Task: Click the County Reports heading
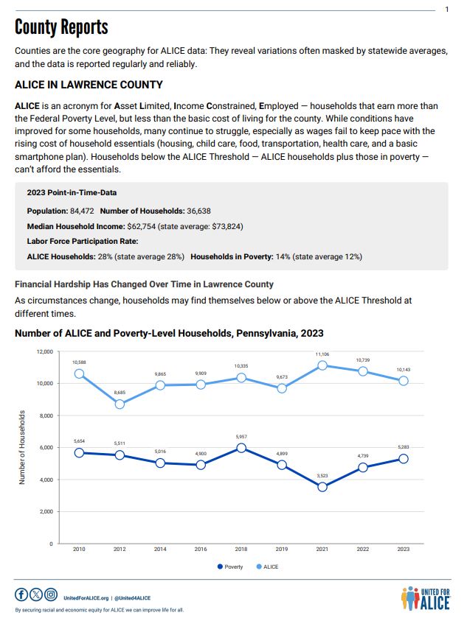pyautogui.click(x=61, y=28)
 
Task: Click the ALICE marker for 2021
pyautogui.click(x=322, y=365)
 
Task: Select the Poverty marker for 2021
pyautogui.click(x=322, y=487)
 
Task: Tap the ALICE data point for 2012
pyautogui.click(x=120, y=404)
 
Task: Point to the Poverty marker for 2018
pyautogui.click(x=241, y=448)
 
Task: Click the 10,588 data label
pyautogui.click(x=79, y=362)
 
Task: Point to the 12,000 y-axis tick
pyautogui.click(x=45, y=352)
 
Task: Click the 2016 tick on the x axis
pyautogui.click(x=201, y=550)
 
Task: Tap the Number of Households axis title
pyautogui.click(x=23, y=447)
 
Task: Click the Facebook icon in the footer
pyautogui.click(x=21, y=594)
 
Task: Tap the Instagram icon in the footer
pyautogui.click(x=50, y=594)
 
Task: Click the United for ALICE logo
pyautogui.click(x=423, y=597)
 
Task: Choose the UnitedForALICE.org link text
pyautogui.click(x=87, y=598)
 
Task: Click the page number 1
pyautogui.click(x=447, y=10)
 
